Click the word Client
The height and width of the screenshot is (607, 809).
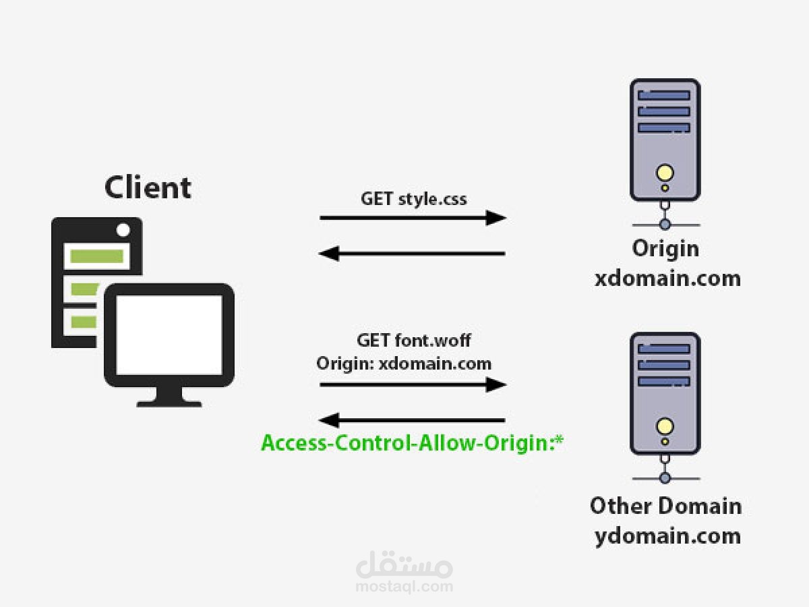(148, 187)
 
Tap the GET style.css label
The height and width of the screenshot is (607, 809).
(413, 199)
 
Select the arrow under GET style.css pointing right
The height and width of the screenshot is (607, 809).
(413, 218)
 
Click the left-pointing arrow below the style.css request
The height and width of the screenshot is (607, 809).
(413, 254)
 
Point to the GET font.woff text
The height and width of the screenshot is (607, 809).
(413, 341)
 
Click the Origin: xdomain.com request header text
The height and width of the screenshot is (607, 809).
(404, 364)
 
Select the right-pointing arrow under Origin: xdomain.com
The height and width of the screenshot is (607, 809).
(413, 384)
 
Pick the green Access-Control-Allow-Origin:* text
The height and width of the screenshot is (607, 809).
(412, 443)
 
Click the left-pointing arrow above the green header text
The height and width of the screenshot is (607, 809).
(413, 421)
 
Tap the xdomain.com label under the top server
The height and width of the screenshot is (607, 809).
(667, 278)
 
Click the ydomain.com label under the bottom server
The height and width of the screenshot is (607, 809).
(667, 536)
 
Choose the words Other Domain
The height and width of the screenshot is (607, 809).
(665, 506)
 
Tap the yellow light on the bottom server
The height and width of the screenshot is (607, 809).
(665, 426)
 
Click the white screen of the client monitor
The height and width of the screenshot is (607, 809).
(169, 335)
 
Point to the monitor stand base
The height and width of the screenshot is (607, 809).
(169, 403)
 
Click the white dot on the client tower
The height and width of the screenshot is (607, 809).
(123, 230)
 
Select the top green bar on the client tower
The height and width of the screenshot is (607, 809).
(97, 256)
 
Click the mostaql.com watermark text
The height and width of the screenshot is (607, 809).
(404, 586)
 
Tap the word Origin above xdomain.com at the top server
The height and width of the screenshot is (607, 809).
(665, 249)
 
